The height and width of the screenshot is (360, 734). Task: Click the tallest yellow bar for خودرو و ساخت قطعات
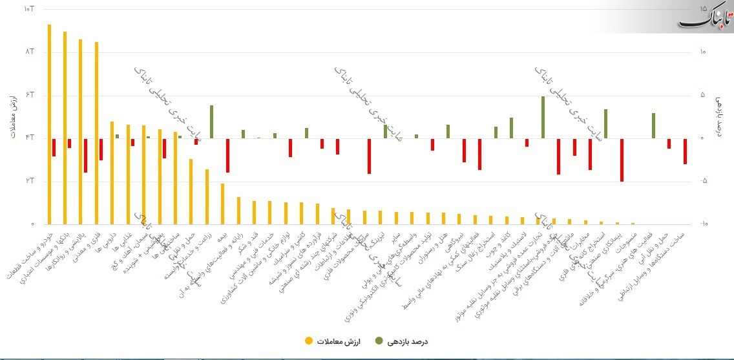[x=49, y=123]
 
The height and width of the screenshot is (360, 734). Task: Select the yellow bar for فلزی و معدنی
[x=96, y=132]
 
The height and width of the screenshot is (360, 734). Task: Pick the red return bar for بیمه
[x=227, y=155]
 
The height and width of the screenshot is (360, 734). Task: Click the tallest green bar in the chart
[x=543, y=117]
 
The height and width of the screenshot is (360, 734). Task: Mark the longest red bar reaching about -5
[x=622, y=160]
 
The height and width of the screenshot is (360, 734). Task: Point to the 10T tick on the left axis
[x=28, y=9]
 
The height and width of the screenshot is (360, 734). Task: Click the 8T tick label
[x=28, y=52]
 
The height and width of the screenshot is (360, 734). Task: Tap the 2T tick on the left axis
[x=28, y=181]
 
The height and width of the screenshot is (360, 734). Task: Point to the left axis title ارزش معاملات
[x=14, y=116]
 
